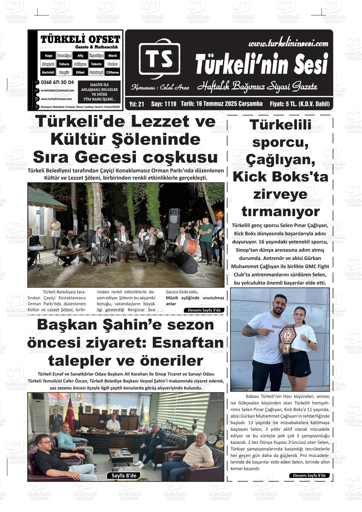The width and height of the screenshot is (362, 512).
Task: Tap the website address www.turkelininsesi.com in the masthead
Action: point(288,43)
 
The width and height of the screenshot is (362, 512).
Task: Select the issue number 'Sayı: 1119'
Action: point(163,104)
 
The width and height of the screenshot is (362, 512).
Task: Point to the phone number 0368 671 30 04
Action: point(57,82)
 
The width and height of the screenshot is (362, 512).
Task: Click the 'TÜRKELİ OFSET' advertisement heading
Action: point(80,40)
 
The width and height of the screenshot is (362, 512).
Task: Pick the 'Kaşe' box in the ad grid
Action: point(48,56)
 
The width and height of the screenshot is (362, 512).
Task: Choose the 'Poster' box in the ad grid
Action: point(112,64)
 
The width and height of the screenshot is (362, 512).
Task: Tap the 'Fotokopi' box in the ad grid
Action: point(96,72)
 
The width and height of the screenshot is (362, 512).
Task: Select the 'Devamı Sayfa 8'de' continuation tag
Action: point(309,475)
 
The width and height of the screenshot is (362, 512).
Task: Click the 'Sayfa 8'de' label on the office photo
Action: point(124,475)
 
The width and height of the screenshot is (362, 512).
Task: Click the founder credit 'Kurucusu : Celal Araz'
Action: point(160,87)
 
